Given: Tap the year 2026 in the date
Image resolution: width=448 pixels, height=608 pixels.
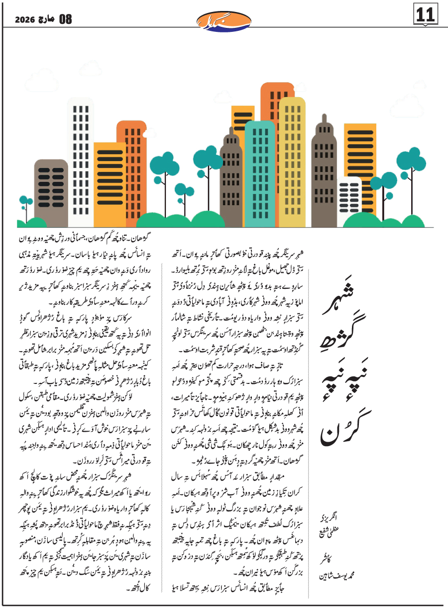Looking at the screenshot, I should click(x=24, y=20).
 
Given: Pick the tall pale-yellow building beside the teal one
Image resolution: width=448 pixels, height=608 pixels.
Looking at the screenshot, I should click(x=292, y=159).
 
